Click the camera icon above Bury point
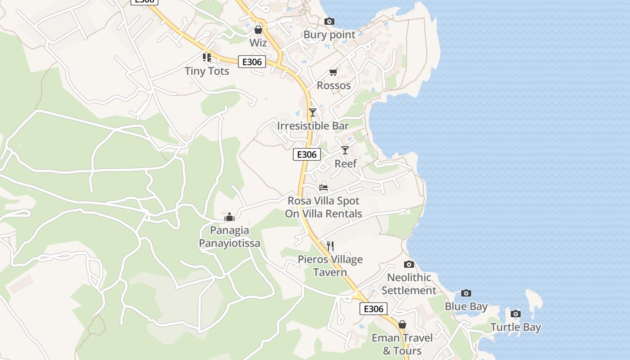[x=329, y=21]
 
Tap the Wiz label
[x=258, y=43]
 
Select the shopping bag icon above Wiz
[x=258, y=30]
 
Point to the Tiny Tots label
[x=207, y=71]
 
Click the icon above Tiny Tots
[x=207, y=58]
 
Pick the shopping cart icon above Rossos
[x=333, y=72]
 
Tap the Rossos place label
[x=333, y=85]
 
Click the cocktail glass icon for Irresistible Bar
[x=313, y=112]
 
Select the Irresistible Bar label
[x=313, y=126]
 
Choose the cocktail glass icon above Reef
[x=345, y=150]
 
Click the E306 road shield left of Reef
[x=307, y=154]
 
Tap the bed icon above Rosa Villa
[x=324, y=188]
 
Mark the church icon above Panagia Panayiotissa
[x=229, y=217]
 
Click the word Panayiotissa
[x=229, y=243]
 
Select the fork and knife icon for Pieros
[x=330, y=246]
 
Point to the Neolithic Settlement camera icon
[x=409, y=264]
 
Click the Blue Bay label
[x=466, y=306]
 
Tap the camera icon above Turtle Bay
[x=516, y=314]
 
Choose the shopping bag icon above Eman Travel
[x=402, y=324]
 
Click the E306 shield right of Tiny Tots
[x=252, y=62]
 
